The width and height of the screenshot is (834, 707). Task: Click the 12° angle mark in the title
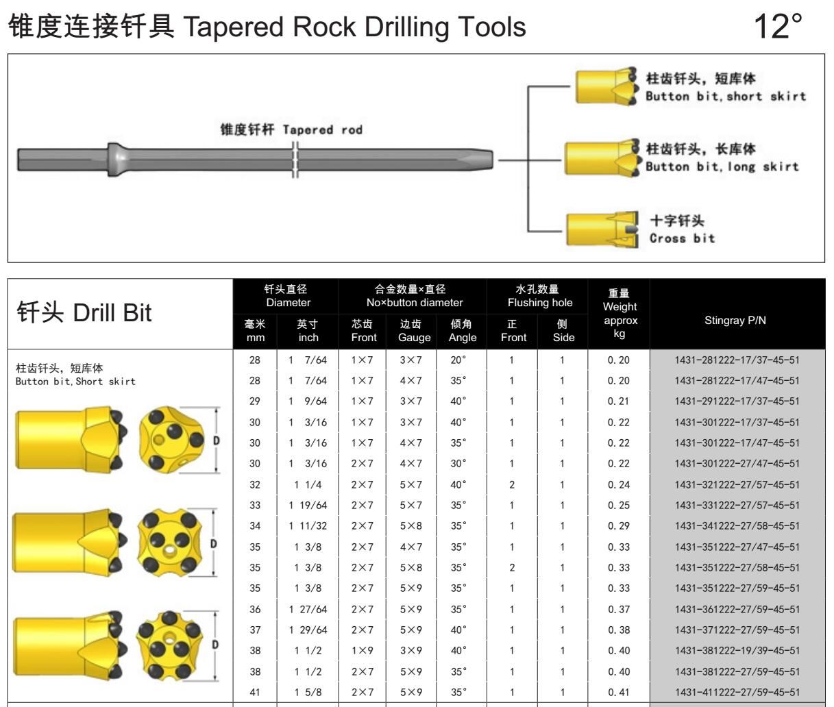point(778,26)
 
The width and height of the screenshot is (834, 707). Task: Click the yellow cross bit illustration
point(602,229)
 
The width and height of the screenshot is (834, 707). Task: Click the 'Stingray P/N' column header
point(735,320)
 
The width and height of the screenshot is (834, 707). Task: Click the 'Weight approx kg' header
point(620,313)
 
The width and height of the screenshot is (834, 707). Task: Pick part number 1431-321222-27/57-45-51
point(737,484)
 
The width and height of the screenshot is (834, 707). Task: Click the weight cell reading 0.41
point(619,692)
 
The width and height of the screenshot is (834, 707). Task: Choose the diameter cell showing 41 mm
point(255,692)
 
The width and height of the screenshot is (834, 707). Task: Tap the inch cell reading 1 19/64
point(308,505)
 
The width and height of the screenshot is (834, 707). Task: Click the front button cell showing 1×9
point(362,651)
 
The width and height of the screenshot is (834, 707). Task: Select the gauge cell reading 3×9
point(410,651)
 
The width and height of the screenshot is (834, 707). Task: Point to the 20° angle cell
point(458,360)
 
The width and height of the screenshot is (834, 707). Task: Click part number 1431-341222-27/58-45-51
point(737,525)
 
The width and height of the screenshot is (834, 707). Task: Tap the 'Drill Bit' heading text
point(112,312)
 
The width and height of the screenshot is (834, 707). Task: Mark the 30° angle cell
point(458,463)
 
